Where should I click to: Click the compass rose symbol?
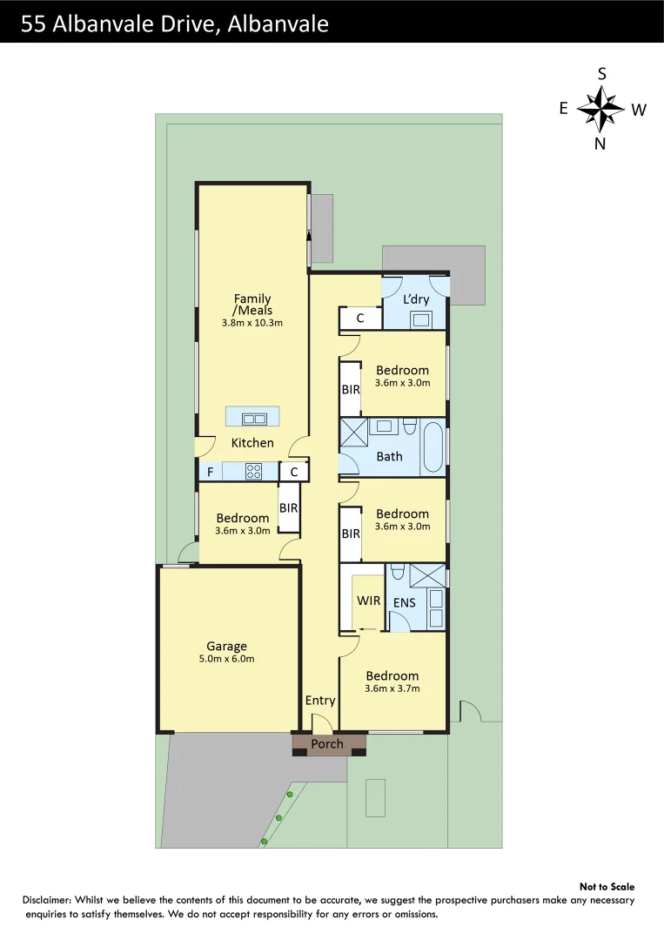coord(601,110)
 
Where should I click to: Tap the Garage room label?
coord(226,646)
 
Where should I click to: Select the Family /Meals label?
coord(252,305)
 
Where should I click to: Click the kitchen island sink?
coord(253,419)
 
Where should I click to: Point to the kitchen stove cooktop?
coord(254,472)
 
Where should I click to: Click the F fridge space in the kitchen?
coord(210,473)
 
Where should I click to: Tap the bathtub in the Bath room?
coord(433,447)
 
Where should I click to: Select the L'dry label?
coord(416,299)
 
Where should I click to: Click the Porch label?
coord(327,744)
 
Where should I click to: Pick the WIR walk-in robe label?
coord(368,601)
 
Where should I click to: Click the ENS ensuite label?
coord(404,602)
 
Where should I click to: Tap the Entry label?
coord(319,701)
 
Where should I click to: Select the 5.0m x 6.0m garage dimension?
coord(226,659)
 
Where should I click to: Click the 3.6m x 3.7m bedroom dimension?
coord(392,688)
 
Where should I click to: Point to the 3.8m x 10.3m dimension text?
coord(252,323)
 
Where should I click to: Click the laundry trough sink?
coord(423,319)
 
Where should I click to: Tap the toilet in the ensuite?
coord(398,572)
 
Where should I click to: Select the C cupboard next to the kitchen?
coord(294,473)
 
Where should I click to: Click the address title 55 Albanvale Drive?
coord(174,23)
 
